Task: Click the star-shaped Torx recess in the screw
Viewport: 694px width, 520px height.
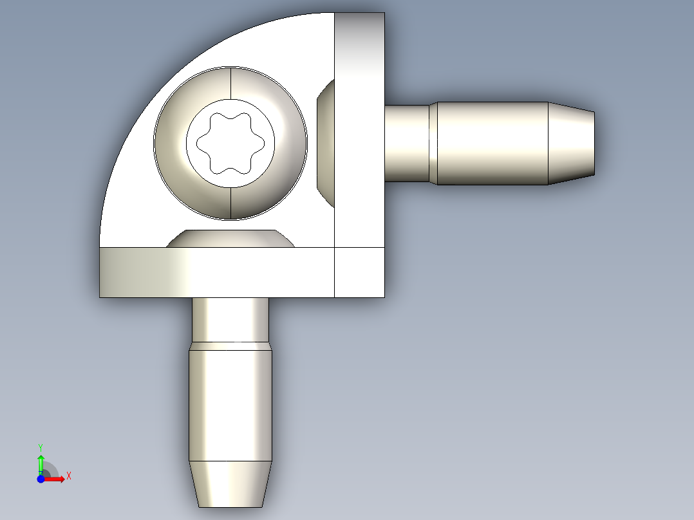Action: click(230, 143)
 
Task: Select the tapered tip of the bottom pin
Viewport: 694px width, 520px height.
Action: click(230, 483)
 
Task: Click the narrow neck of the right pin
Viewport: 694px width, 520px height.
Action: click(407, 144)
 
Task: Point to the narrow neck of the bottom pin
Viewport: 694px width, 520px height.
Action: click(230, 319)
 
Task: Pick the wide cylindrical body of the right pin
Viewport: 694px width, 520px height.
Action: click(492, 144)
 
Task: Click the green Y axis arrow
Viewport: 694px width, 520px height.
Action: click(41, 462)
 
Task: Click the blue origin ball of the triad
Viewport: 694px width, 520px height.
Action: click(41, 479)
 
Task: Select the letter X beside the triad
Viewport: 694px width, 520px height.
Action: click(69, 476)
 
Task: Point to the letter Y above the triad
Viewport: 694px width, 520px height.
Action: click(41, 447)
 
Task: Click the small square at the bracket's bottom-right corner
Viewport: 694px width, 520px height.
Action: click(359, 272)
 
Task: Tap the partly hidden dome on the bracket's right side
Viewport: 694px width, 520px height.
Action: click(327, 143)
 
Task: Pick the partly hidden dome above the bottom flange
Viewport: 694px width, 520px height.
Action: click(230, 239)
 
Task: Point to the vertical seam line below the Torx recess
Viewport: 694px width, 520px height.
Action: click(230, 203)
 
